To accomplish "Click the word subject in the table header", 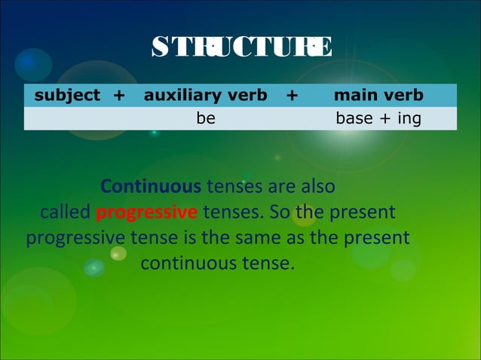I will tap(67, 95).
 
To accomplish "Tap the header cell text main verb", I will tap(378, 95).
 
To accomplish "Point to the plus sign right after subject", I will tap(119, 95).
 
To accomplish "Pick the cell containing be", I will tap(206, 118).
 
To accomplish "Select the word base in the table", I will tap(354, 118).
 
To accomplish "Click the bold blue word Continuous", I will tap(151, 186).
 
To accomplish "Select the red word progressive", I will tap(147, 212).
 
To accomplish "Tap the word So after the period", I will tap(279, 212).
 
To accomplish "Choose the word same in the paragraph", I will tap(265, 238).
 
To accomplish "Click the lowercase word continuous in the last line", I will tap(188, 264).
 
